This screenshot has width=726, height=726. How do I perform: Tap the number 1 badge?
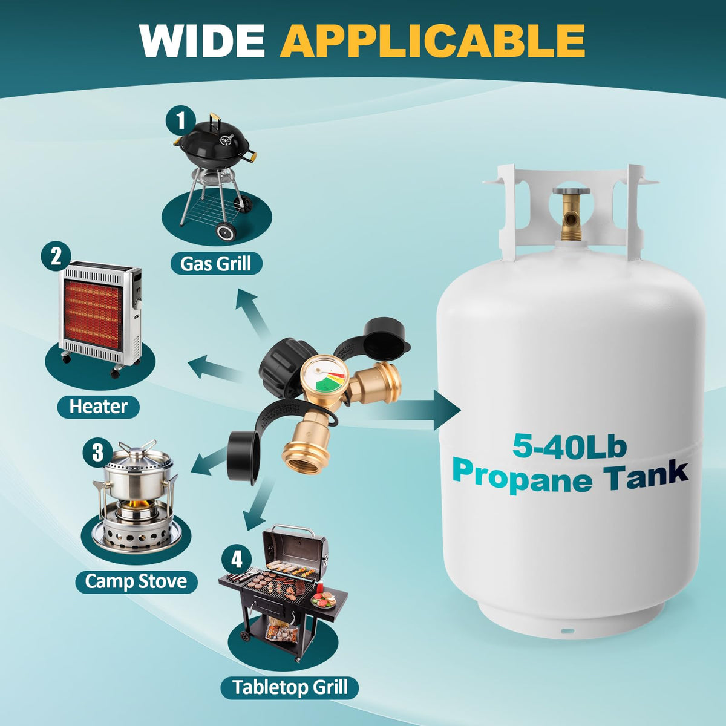(x=181, y=120)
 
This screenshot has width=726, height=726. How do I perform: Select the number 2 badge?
(x=56, y=256)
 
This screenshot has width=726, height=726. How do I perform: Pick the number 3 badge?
(x=98, y=452)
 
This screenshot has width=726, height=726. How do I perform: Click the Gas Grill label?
(x=216, y=264)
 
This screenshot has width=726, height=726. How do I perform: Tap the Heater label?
(x=99, y=407)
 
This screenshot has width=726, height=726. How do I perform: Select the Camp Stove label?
(x=136, y=581)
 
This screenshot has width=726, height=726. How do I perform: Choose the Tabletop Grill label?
(x=290, y=687)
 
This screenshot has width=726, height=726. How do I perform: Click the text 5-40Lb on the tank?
(x=569, y=446)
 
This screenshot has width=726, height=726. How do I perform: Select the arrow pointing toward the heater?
(x=215, y=368)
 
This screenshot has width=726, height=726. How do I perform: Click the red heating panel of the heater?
(x=93, y=313)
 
